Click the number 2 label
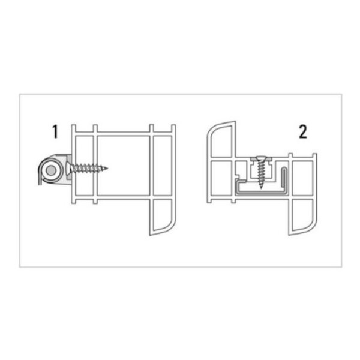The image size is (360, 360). [302, 132]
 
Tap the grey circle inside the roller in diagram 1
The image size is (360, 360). [52, 172]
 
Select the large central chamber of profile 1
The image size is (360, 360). [123, 166]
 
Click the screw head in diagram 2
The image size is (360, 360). [261, 160]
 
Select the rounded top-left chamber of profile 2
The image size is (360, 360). [220, 140]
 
